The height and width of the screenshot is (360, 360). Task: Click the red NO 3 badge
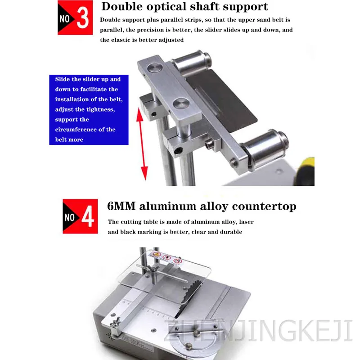[75, 18]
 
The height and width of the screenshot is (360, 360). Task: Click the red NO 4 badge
[80, 216]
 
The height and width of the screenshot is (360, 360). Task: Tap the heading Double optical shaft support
[184, 7]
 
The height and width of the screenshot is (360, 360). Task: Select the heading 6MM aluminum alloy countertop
[202, 207]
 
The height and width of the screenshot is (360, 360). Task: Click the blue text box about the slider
[89, 109]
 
